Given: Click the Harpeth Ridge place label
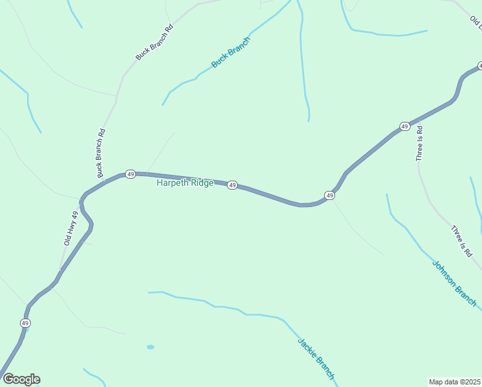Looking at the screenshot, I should pyautogui.click(x=185, y=183).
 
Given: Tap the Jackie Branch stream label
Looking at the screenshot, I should pyautogui.click(x=316, y=359).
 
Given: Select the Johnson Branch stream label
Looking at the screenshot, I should pyautogui.click(x=454, y=283).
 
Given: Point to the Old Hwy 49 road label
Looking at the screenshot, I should pyautogui.click(x=71, y=228).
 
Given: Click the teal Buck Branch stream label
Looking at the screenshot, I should pyautogui.click(x=231, y=53).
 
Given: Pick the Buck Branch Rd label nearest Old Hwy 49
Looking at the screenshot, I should pyautogui.click(x=100, y=154).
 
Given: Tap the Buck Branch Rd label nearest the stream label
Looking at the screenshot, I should pyautogui.click(x=155, y=43).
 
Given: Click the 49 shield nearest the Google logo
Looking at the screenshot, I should pyautogui.click(x=25, y=322).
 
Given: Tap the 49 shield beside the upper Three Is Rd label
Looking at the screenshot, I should pyautogui.click(x=404, y=126).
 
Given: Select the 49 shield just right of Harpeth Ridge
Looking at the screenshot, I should pyautogui.click(x=232, y=185).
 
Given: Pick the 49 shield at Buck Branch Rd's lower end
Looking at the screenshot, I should pyautogui.click(x=130, y=174).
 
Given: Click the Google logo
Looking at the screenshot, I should pyautogui.click(x=21, y=379).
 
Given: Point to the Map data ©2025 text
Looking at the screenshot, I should pyautogui.click(x=454, y=381).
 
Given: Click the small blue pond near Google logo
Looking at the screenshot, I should pyautogui.click(x=150, y=347).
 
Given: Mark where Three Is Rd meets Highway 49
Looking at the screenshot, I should pyautogui.click(x=419, y=119).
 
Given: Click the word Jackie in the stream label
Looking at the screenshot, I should pyautogui.click(x=307, y=348).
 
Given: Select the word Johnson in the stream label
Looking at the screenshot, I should pyautogui.click(x=444, y=273).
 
